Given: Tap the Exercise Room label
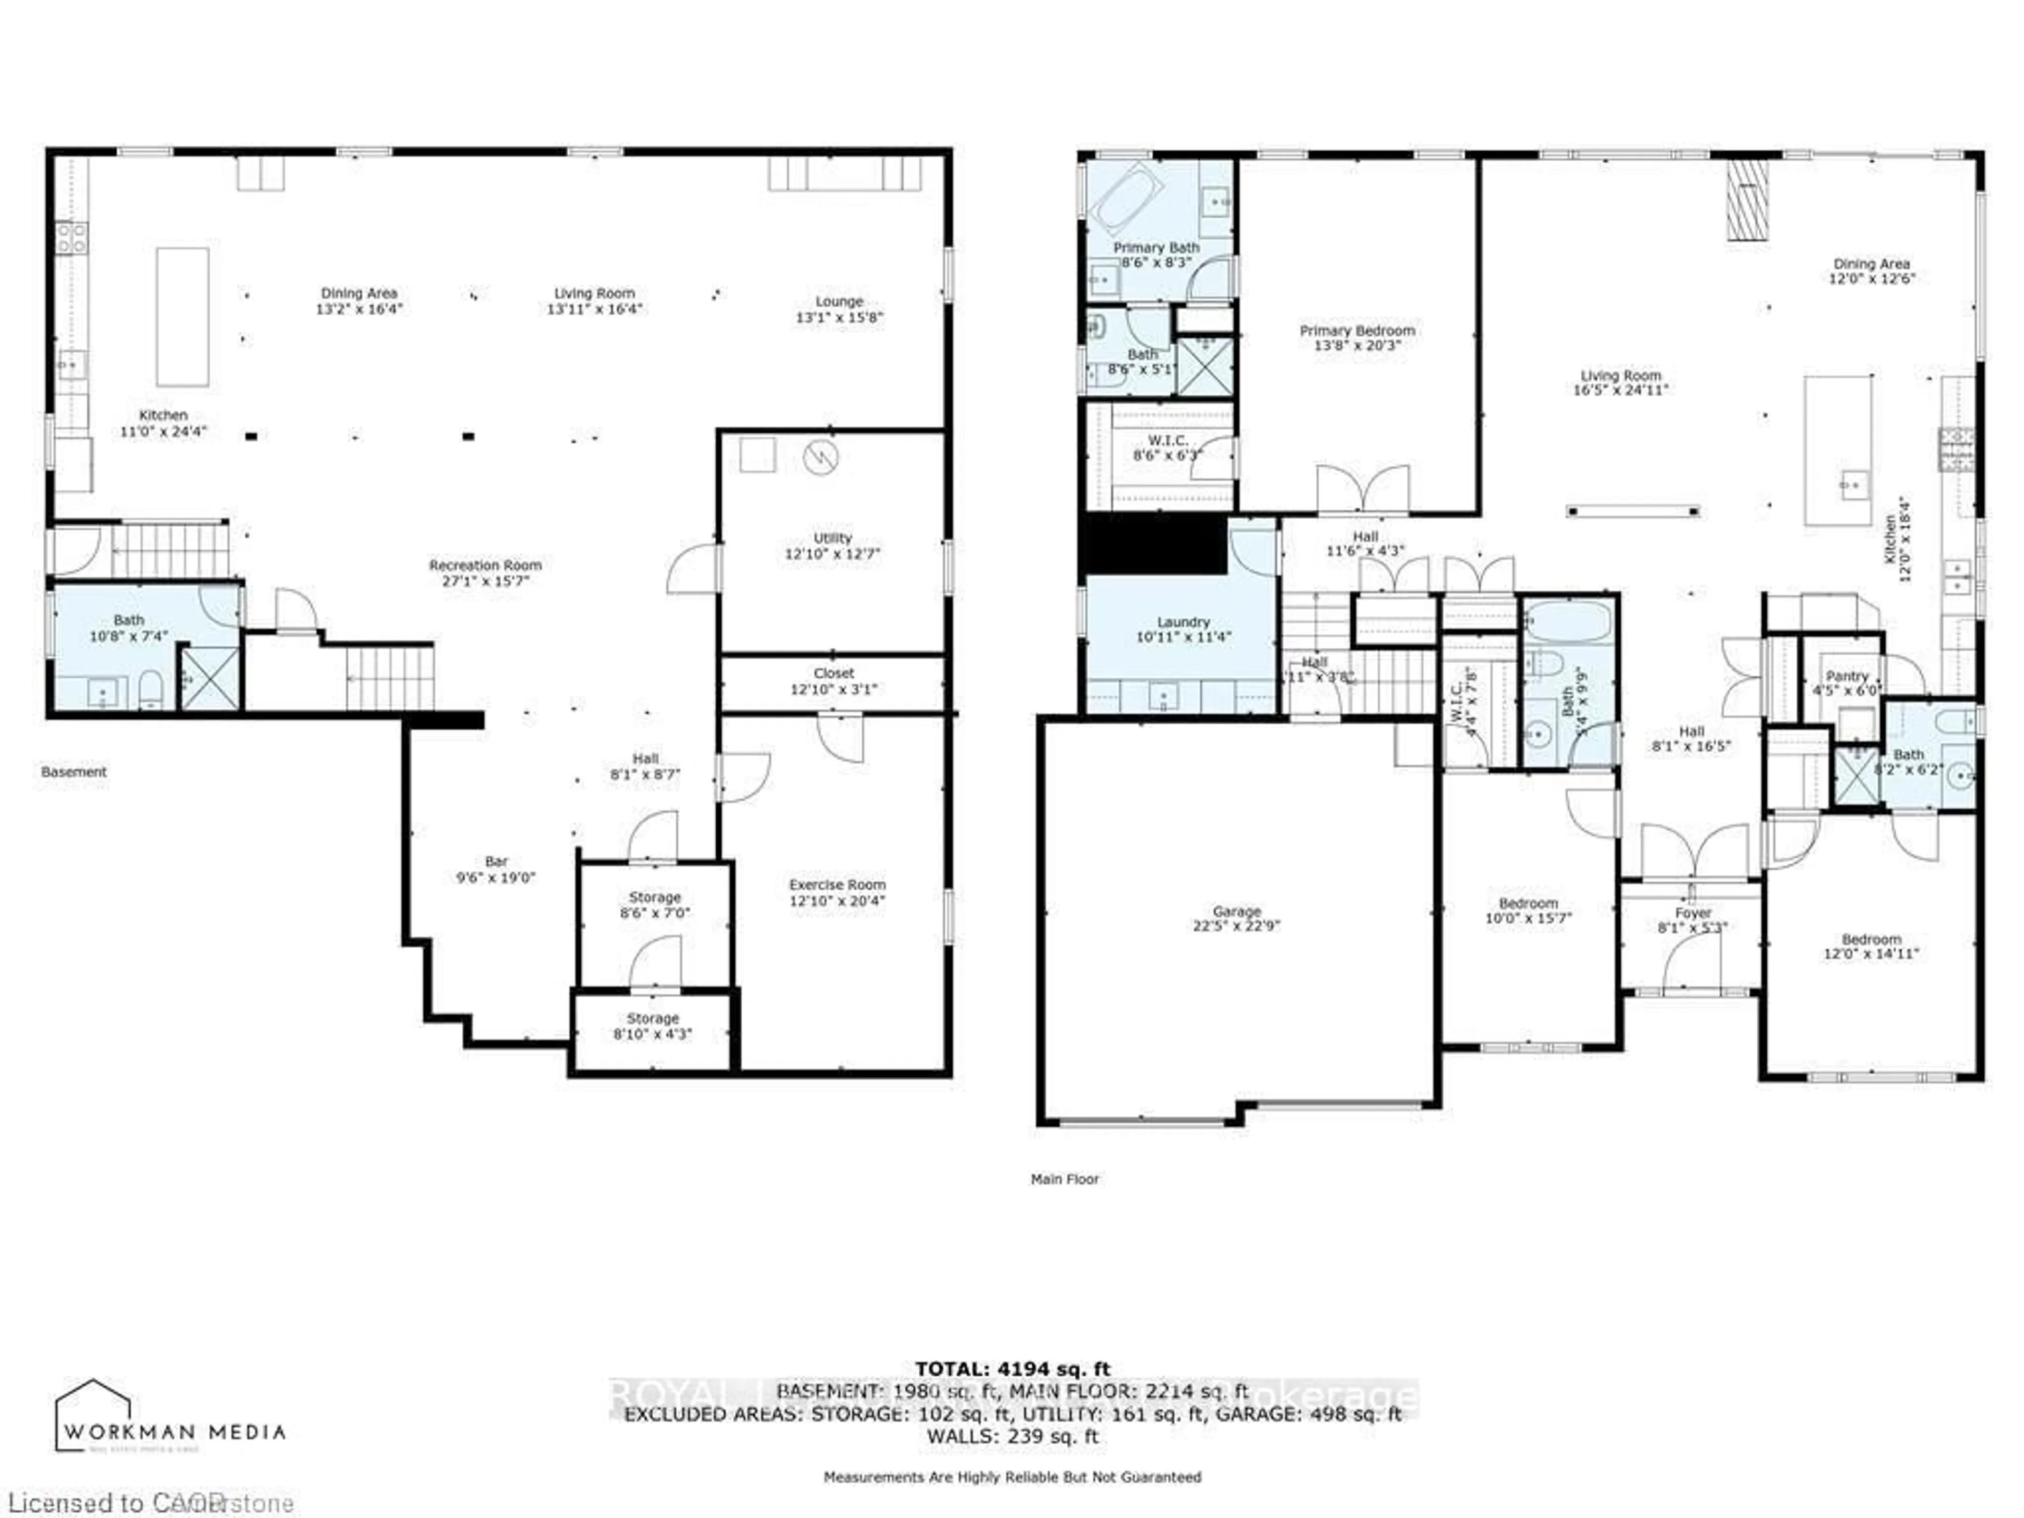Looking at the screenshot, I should pyautogui.click(x=837, y=885).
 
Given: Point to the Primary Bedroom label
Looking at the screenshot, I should pyautogui.click(x=1357, y=330).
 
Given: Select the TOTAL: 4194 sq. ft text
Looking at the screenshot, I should pyautogui.click(x=1012, y=1369).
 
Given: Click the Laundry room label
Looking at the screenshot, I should pyautogui.click(x=1183, y=622).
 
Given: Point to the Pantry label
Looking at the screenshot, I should pyautogui.click(x=1846, y=676).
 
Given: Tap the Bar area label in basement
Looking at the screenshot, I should pyautogui.click(x=496, y=861).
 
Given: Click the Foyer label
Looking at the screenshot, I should pyautogui.click(x=1693, y=913).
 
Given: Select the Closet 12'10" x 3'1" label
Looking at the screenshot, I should pyautogui.click(x=833, y=681).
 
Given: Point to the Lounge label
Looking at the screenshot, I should pyautogui.click(x=839, y=301).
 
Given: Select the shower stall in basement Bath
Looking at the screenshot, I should pyautogui.click(x=210, y=677).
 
